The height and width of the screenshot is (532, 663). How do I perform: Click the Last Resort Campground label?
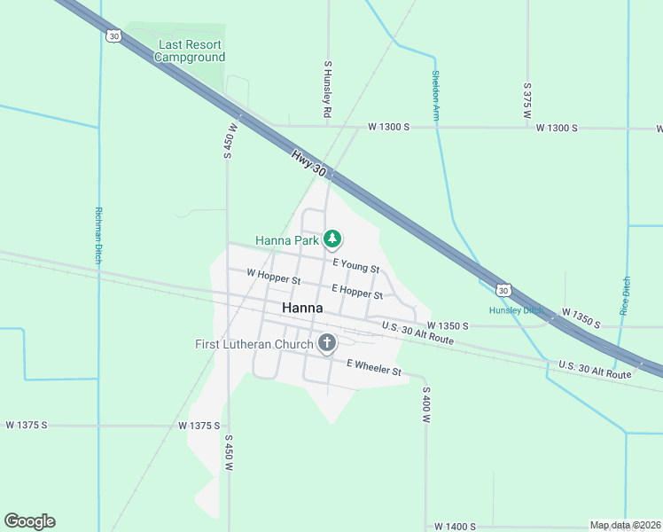[x=190, y=51]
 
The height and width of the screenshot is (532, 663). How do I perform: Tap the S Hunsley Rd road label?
[x=327, y=90]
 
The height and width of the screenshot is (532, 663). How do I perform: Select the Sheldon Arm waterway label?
[x=435, y=95]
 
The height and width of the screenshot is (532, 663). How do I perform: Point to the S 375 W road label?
[x=526, y=101]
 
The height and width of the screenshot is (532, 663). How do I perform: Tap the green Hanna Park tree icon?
[x=332, y=239]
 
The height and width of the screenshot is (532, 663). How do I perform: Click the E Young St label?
[x=355, y=265]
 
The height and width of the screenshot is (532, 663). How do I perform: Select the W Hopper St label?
[x=274, y=278]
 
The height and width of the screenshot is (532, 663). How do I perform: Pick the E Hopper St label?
[x=357, y=291]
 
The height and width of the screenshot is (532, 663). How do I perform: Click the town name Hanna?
[x=301, y=309]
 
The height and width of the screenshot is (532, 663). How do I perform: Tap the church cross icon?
[x=327, y=343]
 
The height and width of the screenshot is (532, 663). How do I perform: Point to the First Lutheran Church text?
[x=254, y=344]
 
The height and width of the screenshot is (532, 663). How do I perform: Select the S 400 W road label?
[x=425, y=403]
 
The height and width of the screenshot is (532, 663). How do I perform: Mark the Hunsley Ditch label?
[x=516, y=310]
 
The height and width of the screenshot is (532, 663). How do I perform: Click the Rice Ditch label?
[x=625, y=294]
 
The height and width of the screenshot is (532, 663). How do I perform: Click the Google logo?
[x=29, y=521]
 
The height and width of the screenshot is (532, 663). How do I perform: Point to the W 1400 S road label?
[x=456, y=527]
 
